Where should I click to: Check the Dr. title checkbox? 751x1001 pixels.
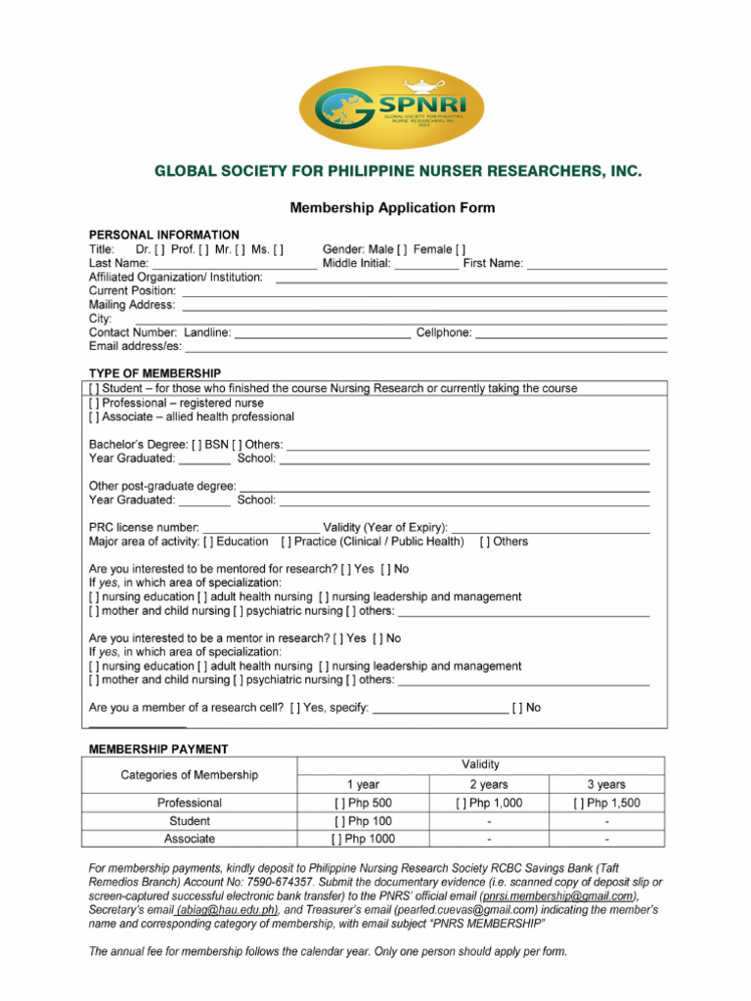click(159, 249)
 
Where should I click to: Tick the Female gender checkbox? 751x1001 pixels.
click(461, 249)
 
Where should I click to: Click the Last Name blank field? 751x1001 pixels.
click(235, 264)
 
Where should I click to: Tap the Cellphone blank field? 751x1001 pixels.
click(571, 333)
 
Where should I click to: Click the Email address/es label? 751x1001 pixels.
click(135, 347)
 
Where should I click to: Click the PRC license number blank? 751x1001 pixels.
click(260, 528)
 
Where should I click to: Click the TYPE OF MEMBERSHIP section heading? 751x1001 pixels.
click(155, 373)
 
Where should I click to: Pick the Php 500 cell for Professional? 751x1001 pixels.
click(363, 803)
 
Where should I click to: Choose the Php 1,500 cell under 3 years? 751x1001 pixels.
click(606, 803)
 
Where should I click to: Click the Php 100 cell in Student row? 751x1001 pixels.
click(363, 821)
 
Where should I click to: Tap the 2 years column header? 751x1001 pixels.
click(488, 784)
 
